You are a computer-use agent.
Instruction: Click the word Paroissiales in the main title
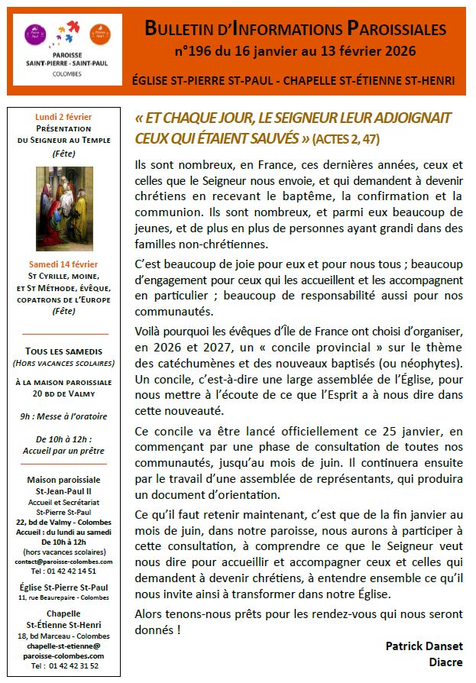pyautogui.click(x=397, y=29)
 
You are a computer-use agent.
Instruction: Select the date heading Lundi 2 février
pyautogui.click(x=63, y=117)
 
